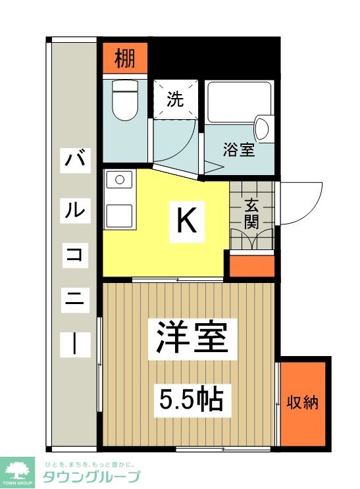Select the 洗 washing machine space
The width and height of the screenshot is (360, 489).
coord(174,99)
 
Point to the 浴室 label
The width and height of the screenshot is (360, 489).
coord(238,149)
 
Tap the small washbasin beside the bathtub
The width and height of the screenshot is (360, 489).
coord(262,128)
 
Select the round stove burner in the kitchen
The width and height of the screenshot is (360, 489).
coord(119,178)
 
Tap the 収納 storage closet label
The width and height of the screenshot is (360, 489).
coord(303,402)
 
